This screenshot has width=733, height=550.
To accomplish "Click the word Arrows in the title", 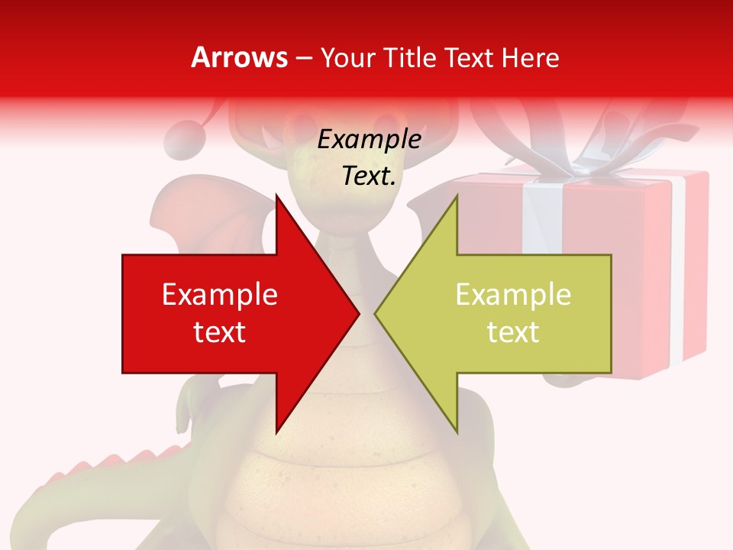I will point(239,57).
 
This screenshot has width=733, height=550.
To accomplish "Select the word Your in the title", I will point(347,57).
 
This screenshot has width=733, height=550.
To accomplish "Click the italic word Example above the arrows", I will point(369,139).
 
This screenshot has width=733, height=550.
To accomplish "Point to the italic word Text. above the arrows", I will point(369,176).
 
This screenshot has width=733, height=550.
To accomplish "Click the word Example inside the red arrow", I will point(220,294).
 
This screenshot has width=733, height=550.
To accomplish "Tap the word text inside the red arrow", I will point(220,332).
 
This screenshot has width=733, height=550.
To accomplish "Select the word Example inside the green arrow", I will point(513,294).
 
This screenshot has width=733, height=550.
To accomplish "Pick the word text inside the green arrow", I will point(513,332).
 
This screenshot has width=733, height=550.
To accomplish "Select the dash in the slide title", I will point(303,58).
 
